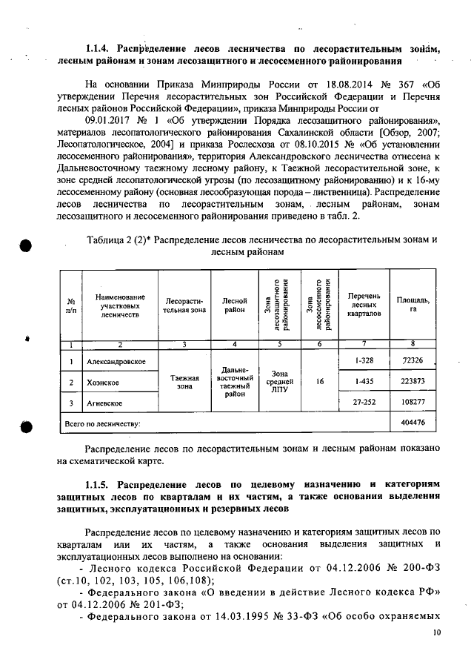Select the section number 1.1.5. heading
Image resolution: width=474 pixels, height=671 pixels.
[x=99, y=484]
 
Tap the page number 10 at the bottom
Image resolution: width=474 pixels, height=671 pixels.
[x=436, y=634]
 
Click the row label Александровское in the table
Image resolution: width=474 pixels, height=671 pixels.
[x=116, y=361]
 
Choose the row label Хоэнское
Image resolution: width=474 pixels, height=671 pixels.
[x=104, y=382]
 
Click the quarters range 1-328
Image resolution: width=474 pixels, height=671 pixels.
[x=363, y=360]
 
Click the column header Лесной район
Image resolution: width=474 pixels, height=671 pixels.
[x=234, y=305]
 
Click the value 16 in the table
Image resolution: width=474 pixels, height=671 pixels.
[x=319, y=382]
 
